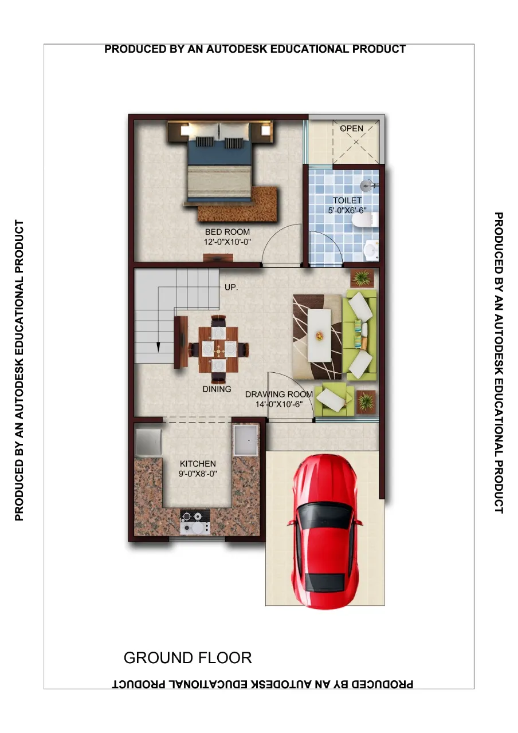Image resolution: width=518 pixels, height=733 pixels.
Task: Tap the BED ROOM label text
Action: pyautogui.click(x=227, y=232)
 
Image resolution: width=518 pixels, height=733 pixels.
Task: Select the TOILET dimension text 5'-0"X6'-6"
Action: pyautogui.click(x=347, y=210)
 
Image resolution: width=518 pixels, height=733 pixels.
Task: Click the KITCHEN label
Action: pyautogui.click(x=198, y=463)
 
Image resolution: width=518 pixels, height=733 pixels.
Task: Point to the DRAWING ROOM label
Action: pyautogui.click(x=279, y=394)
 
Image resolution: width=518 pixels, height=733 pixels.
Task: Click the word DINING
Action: pyautogui.click(x=217, y=389)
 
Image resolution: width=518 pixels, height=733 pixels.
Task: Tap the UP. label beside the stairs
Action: pyautogui.click(x=231, y=287)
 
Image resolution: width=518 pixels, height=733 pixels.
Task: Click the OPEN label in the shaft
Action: pyautogui.click(x=352, y=128)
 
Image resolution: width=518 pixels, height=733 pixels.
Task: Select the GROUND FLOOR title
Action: pyautogui.click(x=187, y=657)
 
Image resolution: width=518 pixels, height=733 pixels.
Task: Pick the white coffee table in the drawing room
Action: pyautogui.click(x=319, y=336)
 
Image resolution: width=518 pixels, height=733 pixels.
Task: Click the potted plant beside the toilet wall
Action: pyautogui.click(x=362, y=278)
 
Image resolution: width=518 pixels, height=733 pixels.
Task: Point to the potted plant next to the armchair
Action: pyautogui.click(x=366, y=400)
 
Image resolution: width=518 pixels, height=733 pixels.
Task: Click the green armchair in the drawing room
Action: pyautogui.click(x=334, y=399)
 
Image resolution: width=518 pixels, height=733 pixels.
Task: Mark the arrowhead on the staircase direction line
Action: pyautogui.click(x=158, y=347)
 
